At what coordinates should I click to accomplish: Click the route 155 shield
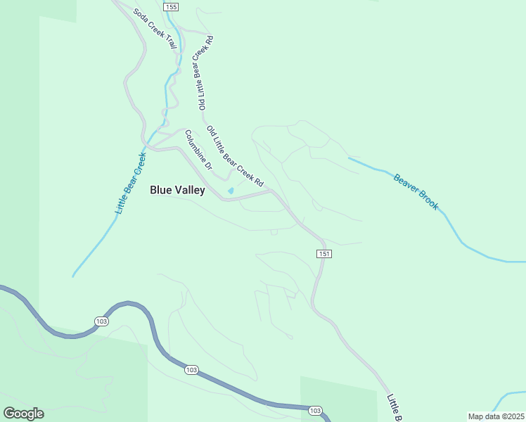pos(171,6)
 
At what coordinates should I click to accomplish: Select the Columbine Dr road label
pos(198,151)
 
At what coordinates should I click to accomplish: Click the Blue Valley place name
pos(177,190)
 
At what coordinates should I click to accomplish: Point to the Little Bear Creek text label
pos(130,184)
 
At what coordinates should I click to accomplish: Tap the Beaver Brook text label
pos(416,192)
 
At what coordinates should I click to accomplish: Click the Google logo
pos(23,413)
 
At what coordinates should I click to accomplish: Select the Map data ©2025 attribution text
pos(495,416)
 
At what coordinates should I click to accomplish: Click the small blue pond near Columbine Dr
pos(231,191)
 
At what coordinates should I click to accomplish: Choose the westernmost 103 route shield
pos(101,321)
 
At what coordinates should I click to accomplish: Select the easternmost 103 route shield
pos(314,410)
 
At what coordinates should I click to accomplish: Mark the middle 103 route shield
pos(191,369)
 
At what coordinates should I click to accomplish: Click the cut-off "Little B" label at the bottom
pos(394,408)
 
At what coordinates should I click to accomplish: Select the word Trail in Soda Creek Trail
pos(169,41)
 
